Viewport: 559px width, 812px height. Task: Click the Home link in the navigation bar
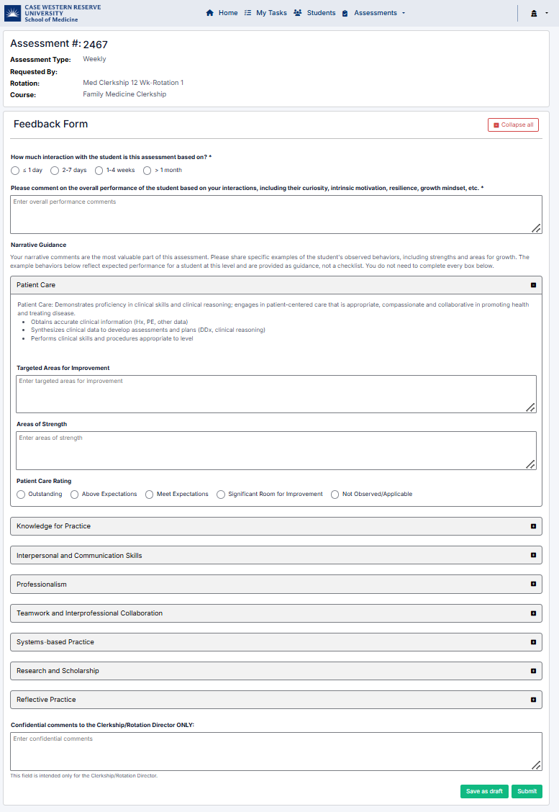click(222, 13)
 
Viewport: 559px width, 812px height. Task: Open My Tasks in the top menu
click(265, 13)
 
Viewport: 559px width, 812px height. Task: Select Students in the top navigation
click(314, 13)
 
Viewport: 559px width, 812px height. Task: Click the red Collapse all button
click(513, 125)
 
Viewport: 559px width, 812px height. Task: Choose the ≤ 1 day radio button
click(15, 171)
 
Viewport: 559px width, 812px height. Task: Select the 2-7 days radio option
click(55, 171)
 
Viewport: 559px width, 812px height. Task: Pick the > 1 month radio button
click(147, 171)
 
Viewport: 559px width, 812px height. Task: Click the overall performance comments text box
click(276, 215)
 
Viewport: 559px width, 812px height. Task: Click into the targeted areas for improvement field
click(276, 394)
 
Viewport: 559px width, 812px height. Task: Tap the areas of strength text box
click(276, 451)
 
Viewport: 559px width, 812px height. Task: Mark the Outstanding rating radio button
click(21, 495)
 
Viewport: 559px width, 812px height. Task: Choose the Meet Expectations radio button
click(150, 495)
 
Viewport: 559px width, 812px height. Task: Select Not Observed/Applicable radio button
click(335, 495)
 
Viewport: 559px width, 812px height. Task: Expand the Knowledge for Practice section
click(276, 526)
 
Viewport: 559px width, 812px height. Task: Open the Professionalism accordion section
click(276, 584)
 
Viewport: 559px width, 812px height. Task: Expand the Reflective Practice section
click(276, 700)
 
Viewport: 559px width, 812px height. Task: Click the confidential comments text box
click(276, 752)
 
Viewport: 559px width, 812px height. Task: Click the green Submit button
click(527, 791)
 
